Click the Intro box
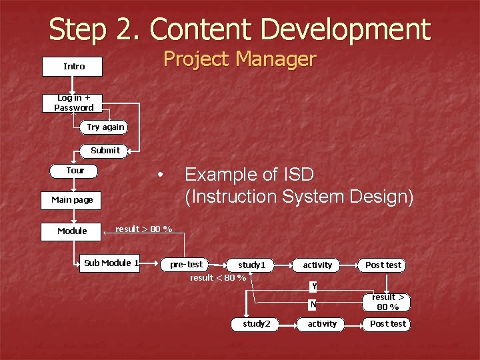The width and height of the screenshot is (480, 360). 74,67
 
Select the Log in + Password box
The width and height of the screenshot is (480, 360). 74,103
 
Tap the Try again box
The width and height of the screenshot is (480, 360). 105,127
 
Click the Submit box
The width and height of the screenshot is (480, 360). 105,150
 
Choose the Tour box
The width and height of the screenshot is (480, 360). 75,171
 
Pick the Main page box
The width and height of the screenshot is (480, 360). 73,199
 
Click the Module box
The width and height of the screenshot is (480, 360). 73,231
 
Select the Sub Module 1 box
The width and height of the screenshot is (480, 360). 111,263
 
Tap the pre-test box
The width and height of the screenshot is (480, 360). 186,265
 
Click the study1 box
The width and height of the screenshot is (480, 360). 252,265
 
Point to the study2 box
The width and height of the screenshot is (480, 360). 256,324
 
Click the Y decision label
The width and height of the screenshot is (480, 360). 313,287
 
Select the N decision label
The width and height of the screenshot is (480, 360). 312,305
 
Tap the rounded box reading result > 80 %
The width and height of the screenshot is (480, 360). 385,302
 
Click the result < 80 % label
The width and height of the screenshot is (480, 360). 218,278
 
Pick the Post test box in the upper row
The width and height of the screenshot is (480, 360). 383,265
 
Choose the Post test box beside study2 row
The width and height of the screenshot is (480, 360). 387,324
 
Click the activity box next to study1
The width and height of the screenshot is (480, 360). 317,265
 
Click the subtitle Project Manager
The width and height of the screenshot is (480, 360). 239,59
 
